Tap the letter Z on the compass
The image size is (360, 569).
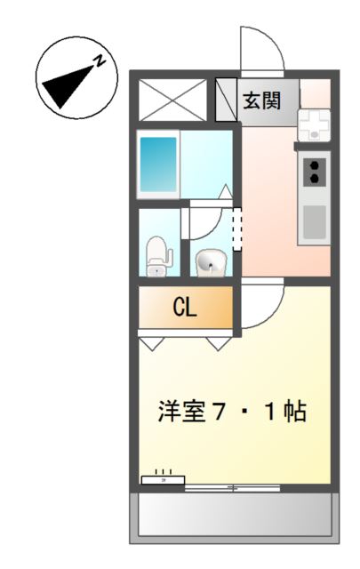101,61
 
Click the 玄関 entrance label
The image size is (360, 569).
262,100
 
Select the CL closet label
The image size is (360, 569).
185,308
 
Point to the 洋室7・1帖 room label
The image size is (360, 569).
233,412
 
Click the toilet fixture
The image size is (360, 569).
157,256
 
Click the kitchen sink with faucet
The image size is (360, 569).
313,124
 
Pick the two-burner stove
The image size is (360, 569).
314,169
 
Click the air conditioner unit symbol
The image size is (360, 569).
164,479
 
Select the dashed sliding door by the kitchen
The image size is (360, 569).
236,229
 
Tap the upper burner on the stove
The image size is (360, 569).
314,161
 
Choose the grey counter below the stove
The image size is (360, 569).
314,220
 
